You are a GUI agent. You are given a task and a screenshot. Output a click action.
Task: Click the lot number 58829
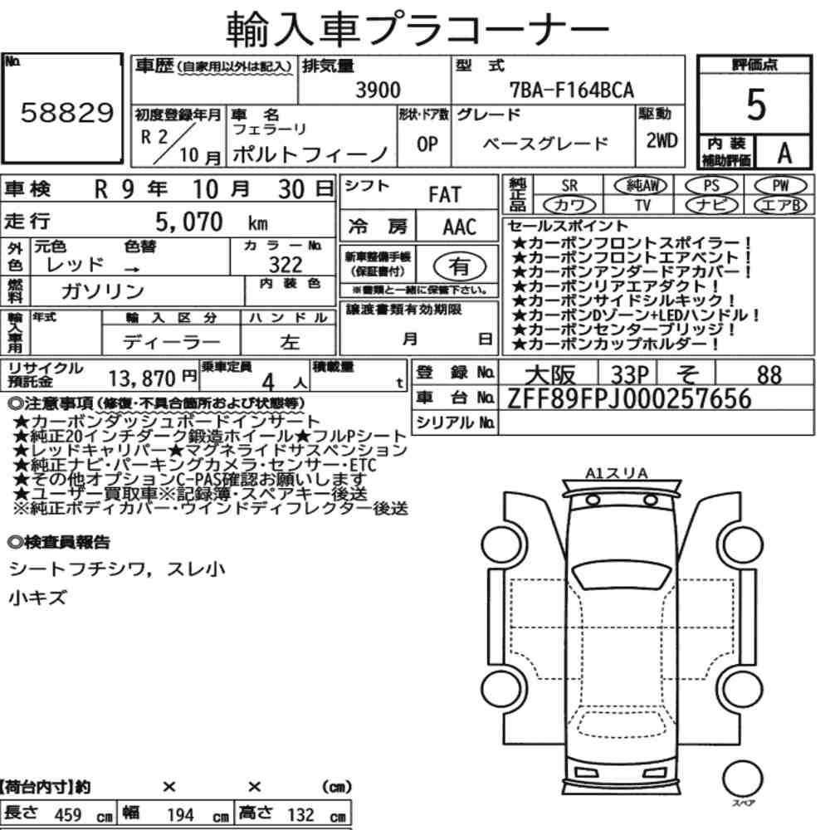pos(67,112)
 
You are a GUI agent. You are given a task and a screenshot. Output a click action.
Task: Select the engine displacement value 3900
pos(378,90)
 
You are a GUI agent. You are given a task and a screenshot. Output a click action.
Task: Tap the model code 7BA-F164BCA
pos(572,90)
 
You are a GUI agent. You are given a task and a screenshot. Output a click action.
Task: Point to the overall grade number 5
pos(756,105)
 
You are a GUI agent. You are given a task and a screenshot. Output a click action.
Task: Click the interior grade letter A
pos(784,153)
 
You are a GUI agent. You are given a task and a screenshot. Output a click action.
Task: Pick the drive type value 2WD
pos(662,140)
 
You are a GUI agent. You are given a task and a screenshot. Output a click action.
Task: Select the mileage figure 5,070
pos(189,222)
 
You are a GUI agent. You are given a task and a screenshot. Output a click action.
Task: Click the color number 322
pos(286,264)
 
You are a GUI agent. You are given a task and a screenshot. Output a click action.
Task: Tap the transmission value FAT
pos(445,195)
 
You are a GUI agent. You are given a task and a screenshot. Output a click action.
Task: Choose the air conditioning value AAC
pos(460,227)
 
